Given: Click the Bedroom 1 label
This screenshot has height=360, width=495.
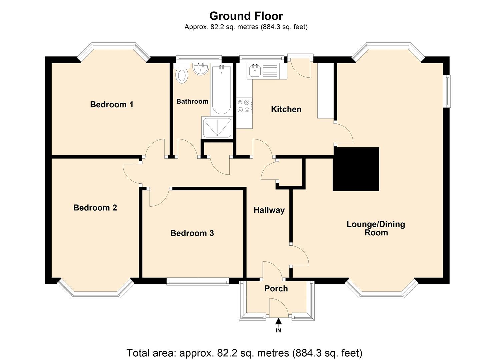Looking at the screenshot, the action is coord(112,105).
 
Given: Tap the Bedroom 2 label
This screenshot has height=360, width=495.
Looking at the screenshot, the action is coord(95,208).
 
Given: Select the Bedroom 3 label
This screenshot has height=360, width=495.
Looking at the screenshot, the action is coord(192,233).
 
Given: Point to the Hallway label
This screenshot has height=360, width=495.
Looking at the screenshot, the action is coord(269,210).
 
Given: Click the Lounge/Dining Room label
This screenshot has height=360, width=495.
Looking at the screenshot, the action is coord(376,228).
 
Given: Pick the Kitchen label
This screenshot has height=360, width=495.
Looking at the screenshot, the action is coord(286,109).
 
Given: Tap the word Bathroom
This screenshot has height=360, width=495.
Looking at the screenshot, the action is coord(192,101).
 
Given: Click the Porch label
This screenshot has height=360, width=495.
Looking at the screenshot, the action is coord(276,288).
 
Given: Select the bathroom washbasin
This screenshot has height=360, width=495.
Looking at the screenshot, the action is coord(201,69).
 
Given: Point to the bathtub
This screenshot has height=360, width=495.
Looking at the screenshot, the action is coord(221,90).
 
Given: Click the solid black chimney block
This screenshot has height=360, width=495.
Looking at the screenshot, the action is coord(356,169).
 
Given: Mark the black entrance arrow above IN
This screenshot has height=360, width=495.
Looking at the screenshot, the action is coord(278,321).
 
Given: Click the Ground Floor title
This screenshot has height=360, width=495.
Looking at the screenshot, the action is coord(246,16).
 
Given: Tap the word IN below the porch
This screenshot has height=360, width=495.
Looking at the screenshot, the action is coord(278,330).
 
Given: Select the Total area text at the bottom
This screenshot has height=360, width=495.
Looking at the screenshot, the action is coord(244,353).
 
